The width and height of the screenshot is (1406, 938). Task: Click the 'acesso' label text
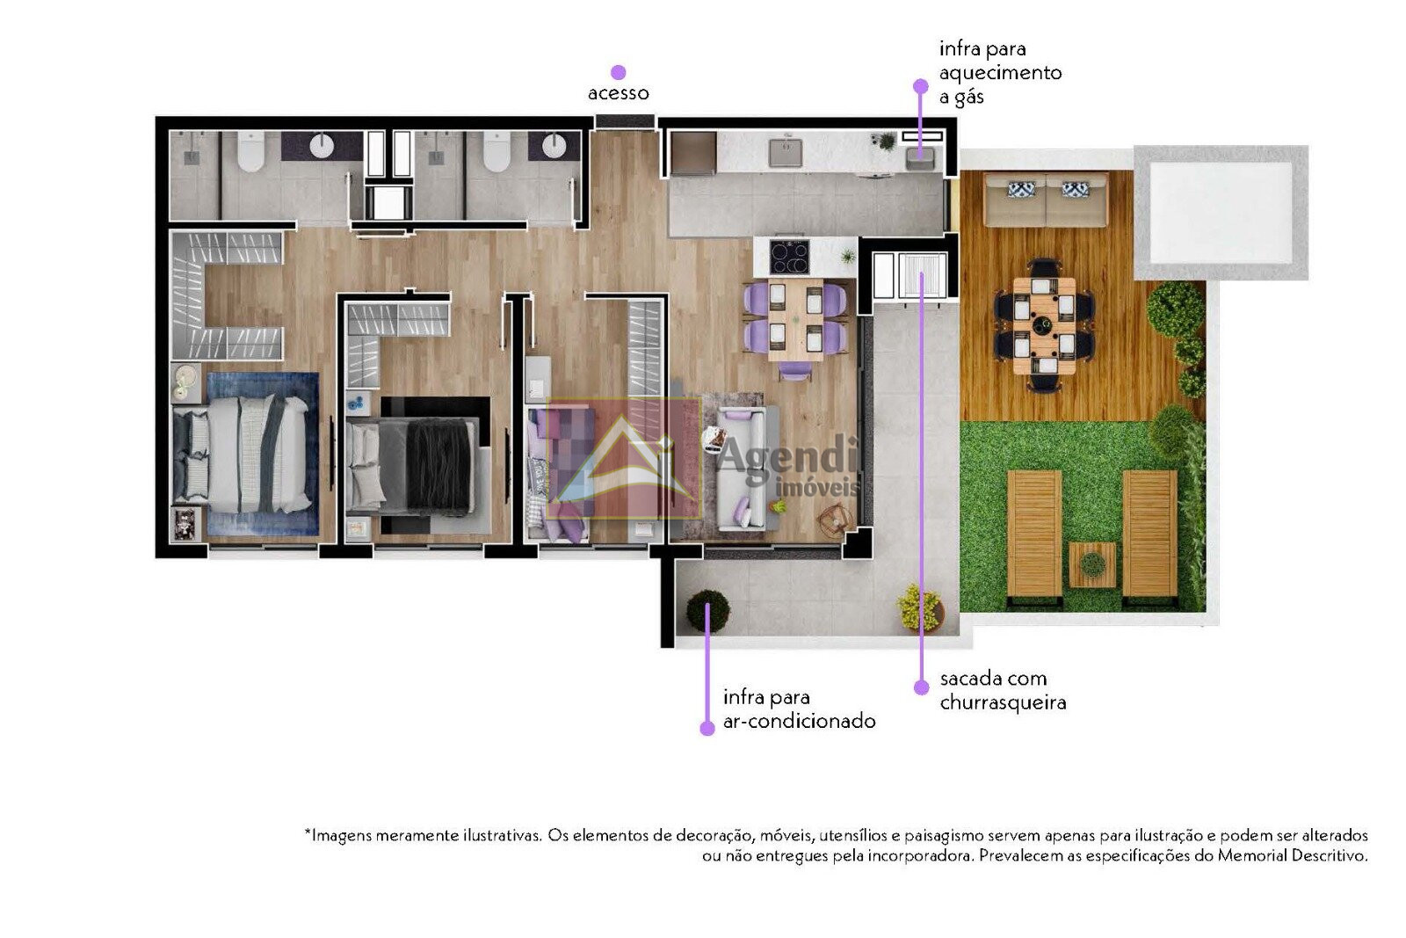619,93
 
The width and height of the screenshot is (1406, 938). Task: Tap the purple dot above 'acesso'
619,72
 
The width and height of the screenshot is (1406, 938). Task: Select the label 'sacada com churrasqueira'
1003,690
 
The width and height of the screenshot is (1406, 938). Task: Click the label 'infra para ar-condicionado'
799,709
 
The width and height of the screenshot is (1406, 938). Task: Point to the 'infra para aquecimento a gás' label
1001,73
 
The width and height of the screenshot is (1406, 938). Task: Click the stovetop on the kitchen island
790,257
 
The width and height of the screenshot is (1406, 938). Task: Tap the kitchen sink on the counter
786,153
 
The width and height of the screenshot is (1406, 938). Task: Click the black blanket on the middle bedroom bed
439,465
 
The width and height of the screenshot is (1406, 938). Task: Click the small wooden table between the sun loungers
1093,564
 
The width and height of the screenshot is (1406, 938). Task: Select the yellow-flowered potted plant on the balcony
920,607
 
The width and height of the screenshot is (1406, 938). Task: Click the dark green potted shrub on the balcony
708,610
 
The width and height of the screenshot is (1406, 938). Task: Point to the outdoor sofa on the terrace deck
1046,200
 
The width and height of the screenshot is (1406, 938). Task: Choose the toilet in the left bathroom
251,152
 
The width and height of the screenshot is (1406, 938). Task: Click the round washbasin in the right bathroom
554,146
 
